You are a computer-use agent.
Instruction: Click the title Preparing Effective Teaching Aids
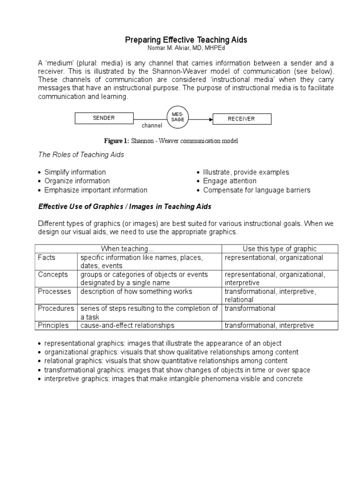(x=186, y=40)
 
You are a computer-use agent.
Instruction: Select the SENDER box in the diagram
(x=104, y=118)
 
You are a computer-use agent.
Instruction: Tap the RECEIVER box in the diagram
(x=241, y=119)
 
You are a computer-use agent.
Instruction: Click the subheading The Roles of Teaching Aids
(x=81, y=155)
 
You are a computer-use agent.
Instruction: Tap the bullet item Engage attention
(x=230, y=181)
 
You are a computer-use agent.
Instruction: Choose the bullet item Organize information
(x=77, y=181)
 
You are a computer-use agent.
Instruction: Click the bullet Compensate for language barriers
(x=256, y=190)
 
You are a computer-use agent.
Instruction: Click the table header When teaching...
(x=128, y=249)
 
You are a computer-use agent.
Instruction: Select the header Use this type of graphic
(x=279, y=249)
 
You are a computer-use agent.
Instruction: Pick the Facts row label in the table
(x=47, y=258)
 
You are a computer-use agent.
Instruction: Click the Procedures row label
(x=56, y=308)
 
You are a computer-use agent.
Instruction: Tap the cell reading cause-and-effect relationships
(x=127, y=325)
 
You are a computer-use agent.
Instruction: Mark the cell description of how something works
(x=136, y=292)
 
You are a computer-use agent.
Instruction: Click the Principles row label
(x=53, y=325)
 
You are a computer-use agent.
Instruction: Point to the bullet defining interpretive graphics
(x=173, y=378)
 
